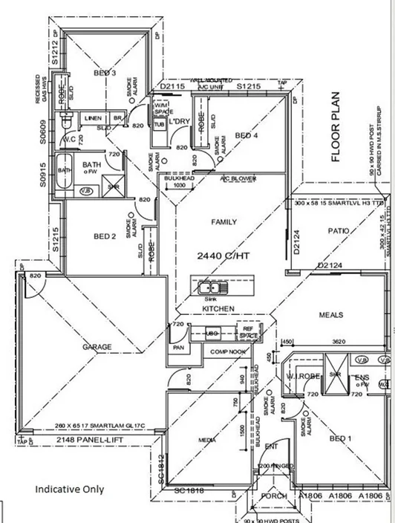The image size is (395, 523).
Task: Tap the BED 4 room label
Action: coord(246,135)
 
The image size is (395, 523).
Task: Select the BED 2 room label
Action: coord(104,237)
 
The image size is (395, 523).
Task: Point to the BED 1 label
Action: coord(343,438)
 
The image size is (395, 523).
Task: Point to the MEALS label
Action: coord(331,315)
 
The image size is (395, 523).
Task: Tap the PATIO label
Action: coord(338,232)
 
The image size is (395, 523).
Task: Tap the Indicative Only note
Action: coord(70,490)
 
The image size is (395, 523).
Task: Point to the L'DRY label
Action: coord(181,122)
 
